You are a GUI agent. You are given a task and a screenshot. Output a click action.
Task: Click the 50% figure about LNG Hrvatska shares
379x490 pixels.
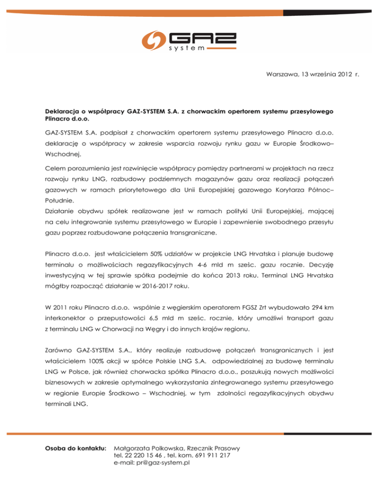pos(149,254)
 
